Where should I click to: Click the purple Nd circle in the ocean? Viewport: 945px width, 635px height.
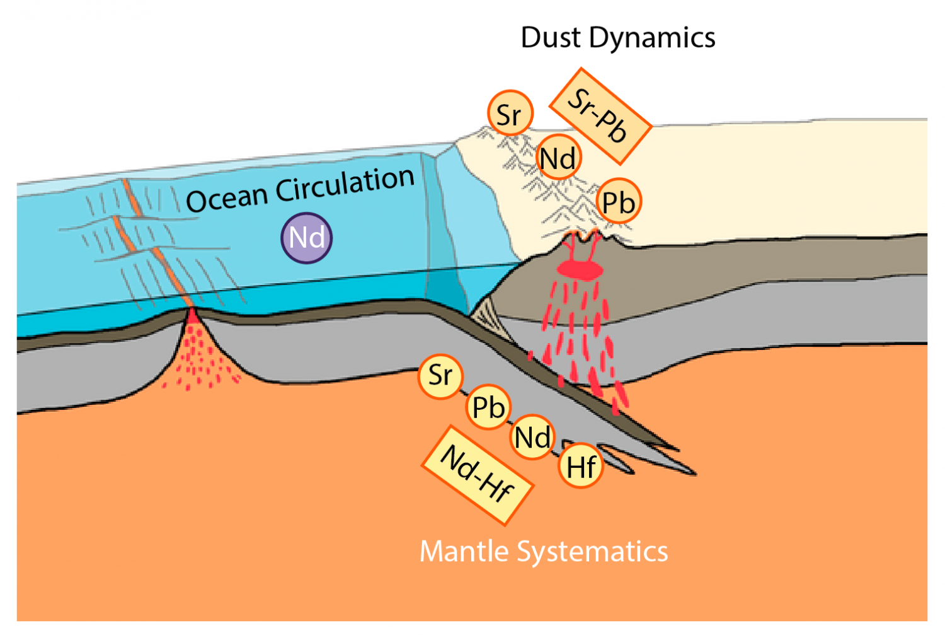pos(306,238)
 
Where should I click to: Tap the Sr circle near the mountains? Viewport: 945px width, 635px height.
pos(510,114)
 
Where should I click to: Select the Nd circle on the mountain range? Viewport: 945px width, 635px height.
pos(558,158)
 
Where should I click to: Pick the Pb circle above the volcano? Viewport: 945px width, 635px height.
pos(618,202)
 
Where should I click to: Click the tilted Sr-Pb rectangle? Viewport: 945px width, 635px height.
pos(599,116)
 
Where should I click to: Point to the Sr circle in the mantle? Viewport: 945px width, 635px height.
pos(440,376)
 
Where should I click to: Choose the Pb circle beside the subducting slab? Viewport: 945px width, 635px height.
pos(488,407)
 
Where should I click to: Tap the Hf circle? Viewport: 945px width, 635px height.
pos(581,467)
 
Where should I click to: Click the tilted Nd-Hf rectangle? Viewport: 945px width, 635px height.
pos(477,475)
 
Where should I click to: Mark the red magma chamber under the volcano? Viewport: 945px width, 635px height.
pos(581,271)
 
